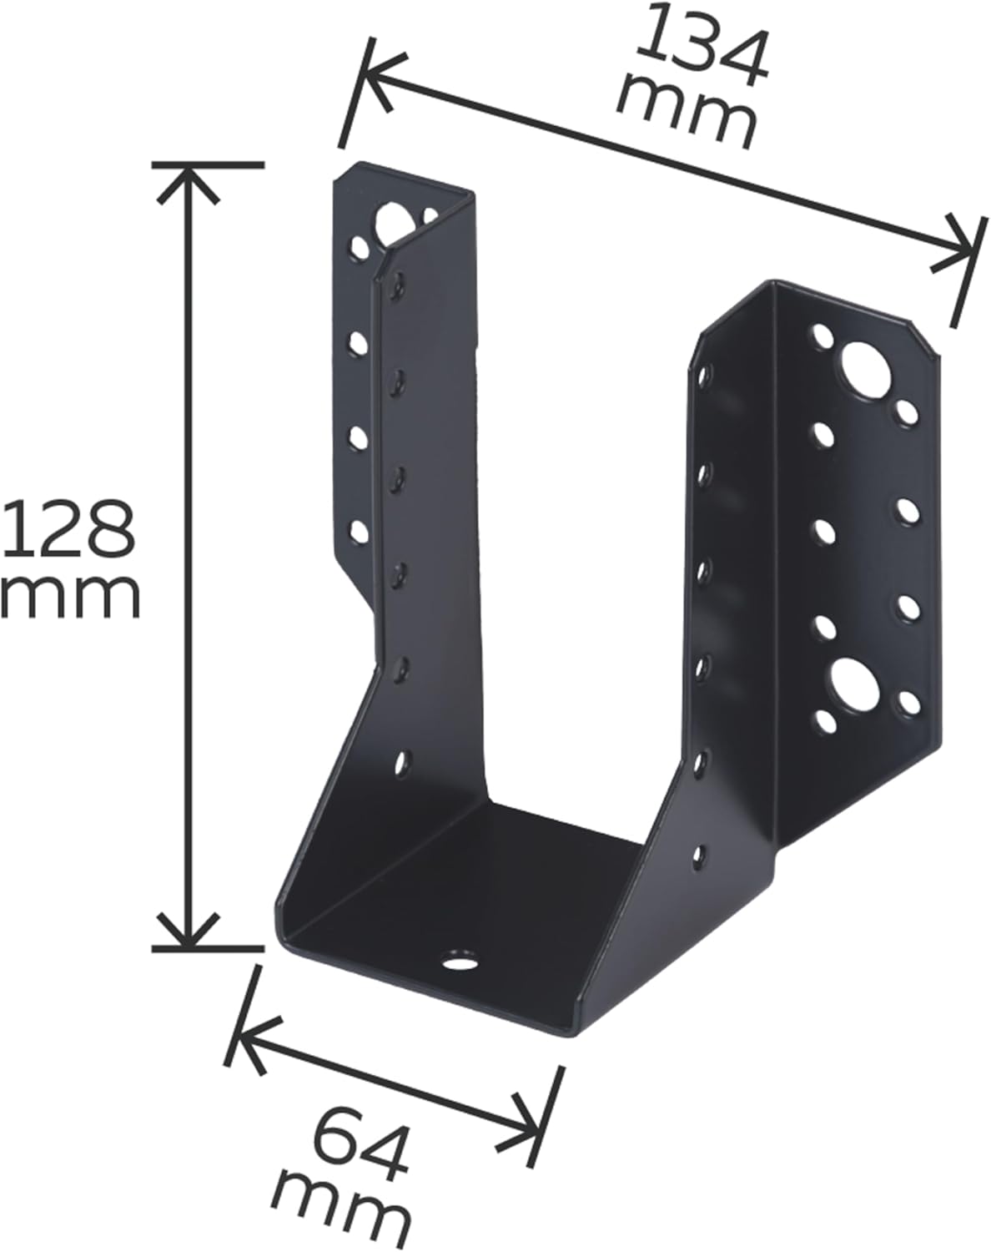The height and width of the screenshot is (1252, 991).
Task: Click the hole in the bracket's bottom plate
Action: coord(458,961)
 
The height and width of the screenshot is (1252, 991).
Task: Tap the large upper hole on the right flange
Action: coord(863,370)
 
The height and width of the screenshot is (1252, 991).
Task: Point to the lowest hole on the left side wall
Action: coord(403,761)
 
